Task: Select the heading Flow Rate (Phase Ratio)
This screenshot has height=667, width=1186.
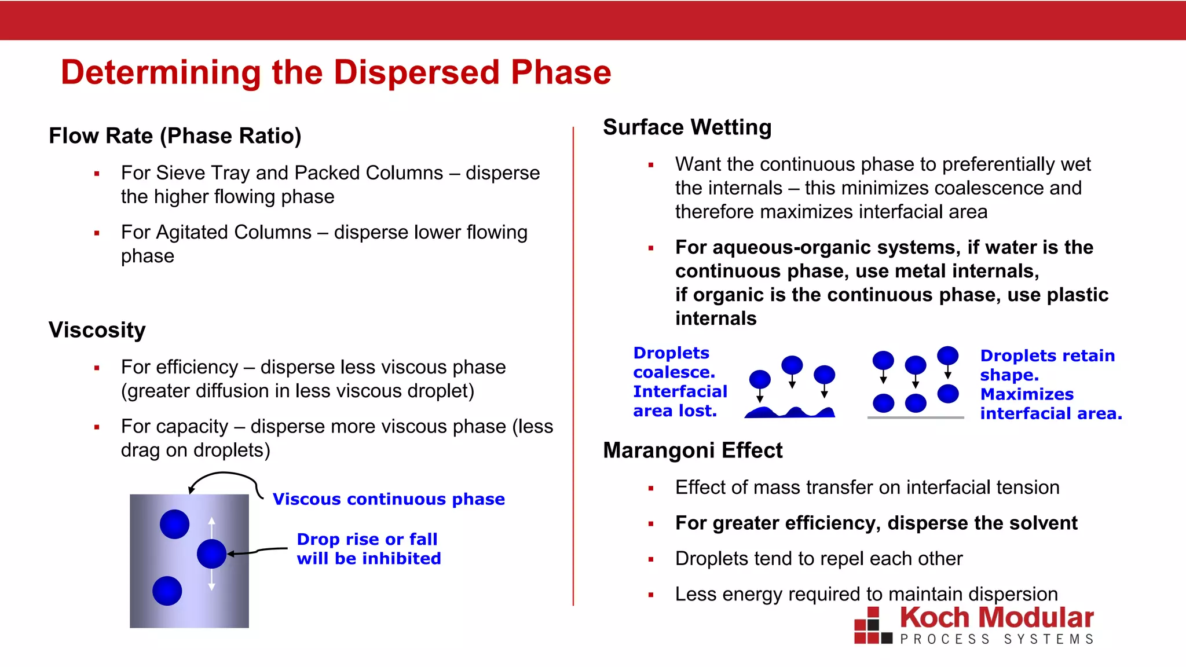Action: coord(175,136)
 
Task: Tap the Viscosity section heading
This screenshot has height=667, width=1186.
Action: coord(97,330)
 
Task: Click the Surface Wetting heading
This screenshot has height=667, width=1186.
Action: coord(687,127)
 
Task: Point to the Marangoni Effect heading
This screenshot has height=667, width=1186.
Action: coord(693,450)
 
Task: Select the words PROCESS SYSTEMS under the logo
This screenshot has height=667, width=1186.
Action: coord(996,639)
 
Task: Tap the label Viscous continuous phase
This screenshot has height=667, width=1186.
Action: coord(389,499)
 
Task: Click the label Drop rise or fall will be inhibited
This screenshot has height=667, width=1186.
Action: coord(368,549)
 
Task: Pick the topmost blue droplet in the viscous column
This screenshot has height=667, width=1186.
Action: coord(174,524)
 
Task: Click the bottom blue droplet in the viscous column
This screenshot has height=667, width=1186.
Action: coord(167,591)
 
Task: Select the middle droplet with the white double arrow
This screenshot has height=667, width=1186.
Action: coord(211,554)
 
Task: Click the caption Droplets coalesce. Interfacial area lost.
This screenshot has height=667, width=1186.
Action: coord(679,382)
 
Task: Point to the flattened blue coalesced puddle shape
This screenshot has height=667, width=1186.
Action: coord(790,413)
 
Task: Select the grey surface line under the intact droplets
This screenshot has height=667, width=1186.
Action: coord(916,417)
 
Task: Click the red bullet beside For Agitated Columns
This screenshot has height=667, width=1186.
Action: coord(97,233)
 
